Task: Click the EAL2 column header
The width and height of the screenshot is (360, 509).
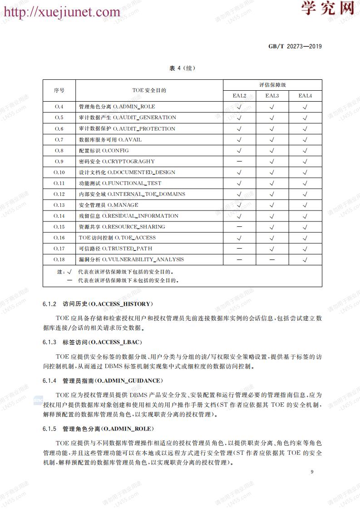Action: pos(239,96)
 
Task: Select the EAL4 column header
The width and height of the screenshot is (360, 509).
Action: pos(305,96)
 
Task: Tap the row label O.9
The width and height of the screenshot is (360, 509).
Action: pos(59,161)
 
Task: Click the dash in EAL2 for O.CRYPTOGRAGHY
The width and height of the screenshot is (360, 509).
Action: pos(239,161)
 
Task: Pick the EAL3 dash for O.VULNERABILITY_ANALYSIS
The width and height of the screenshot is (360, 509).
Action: pos(272,259)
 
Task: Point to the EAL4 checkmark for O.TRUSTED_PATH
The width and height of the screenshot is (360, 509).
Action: pos(305,249)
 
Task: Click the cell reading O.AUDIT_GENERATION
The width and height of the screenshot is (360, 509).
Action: pos(128,117)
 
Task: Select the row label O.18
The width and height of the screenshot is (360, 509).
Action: pos(59,259)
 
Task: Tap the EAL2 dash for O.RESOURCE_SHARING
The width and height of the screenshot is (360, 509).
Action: pos(239,227)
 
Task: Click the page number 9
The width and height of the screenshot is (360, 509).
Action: pos(312,472)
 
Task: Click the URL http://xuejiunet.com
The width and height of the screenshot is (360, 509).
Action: pos(62,11)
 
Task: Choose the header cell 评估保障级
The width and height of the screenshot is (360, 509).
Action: pos(272,85)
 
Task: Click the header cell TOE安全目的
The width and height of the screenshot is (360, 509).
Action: pos(149,90)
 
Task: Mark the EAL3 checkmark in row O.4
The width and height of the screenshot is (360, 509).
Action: pos(272,107)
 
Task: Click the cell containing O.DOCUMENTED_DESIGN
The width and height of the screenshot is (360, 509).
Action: pos(127,172)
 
